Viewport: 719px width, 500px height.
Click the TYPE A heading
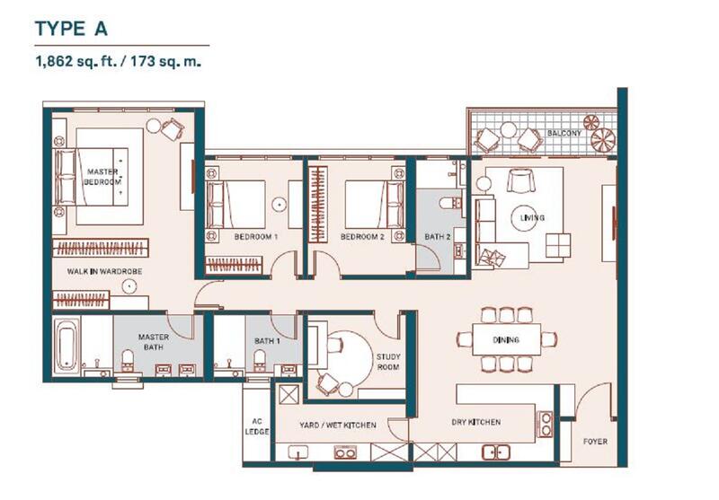tap(71, 29)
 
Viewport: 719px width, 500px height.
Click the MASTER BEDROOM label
tap(102, 177)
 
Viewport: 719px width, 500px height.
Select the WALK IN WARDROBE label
tap(104, 271)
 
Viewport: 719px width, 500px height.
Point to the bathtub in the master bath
tap(67, 345)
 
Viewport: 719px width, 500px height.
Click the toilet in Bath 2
tap(448, 202)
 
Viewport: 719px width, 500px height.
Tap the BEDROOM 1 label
tap(256, 237)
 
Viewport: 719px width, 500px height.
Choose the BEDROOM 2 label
tap(362, 237)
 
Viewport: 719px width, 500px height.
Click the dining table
tap(506, 339)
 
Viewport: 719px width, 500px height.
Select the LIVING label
tap(532, 217)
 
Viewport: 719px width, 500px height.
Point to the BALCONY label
tap(564, 133)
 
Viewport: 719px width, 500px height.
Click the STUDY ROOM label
tap(388, 362)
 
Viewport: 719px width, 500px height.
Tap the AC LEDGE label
tap(257, 426)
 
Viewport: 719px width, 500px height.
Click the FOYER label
tap(595, 442)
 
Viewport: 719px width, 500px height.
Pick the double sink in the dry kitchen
tap(496, 452)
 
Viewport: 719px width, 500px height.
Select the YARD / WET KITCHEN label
tap(338, 425)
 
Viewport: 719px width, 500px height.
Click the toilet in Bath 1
tap(260, 359)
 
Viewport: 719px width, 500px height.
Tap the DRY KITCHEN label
tap(476, 422)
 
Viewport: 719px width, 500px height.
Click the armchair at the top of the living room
tap(520, 180)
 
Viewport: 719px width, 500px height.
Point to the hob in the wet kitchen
tap(345, 452)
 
